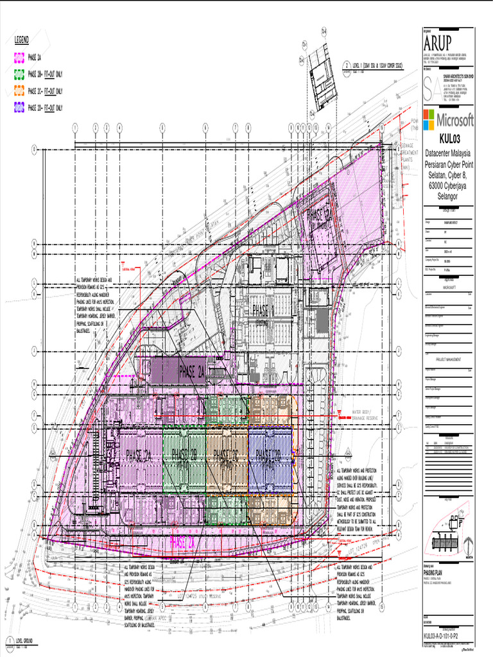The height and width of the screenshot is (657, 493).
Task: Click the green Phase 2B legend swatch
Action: click(19, 74)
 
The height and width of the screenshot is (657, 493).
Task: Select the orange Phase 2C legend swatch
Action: click(19, 90)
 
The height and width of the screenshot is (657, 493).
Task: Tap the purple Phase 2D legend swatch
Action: click(19, 108)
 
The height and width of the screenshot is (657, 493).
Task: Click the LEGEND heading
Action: click(22, 40)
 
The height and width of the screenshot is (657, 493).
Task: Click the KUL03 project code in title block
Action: click(449, 139)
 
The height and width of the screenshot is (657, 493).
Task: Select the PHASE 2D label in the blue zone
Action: click(268, 455)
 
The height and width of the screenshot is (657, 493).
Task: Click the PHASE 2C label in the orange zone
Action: click(227, 455)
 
